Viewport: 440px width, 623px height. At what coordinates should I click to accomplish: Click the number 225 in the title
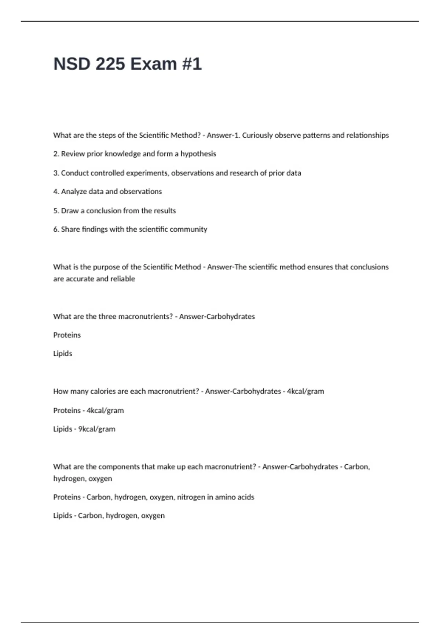point(110,64)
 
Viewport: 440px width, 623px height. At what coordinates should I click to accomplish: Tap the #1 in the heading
point(191,64)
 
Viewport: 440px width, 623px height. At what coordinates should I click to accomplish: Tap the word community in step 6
point(191,229)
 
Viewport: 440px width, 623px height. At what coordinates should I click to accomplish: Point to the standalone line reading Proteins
point(67,335)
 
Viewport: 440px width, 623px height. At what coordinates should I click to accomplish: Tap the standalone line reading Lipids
point(63,354)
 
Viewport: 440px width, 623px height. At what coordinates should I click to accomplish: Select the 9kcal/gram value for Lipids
point(97,429)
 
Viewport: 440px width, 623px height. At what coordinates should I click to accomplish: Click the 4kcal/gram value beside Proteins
point(105,410)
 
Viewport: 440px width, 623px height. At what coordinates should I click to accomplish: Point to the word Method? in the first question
point(186,135)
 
